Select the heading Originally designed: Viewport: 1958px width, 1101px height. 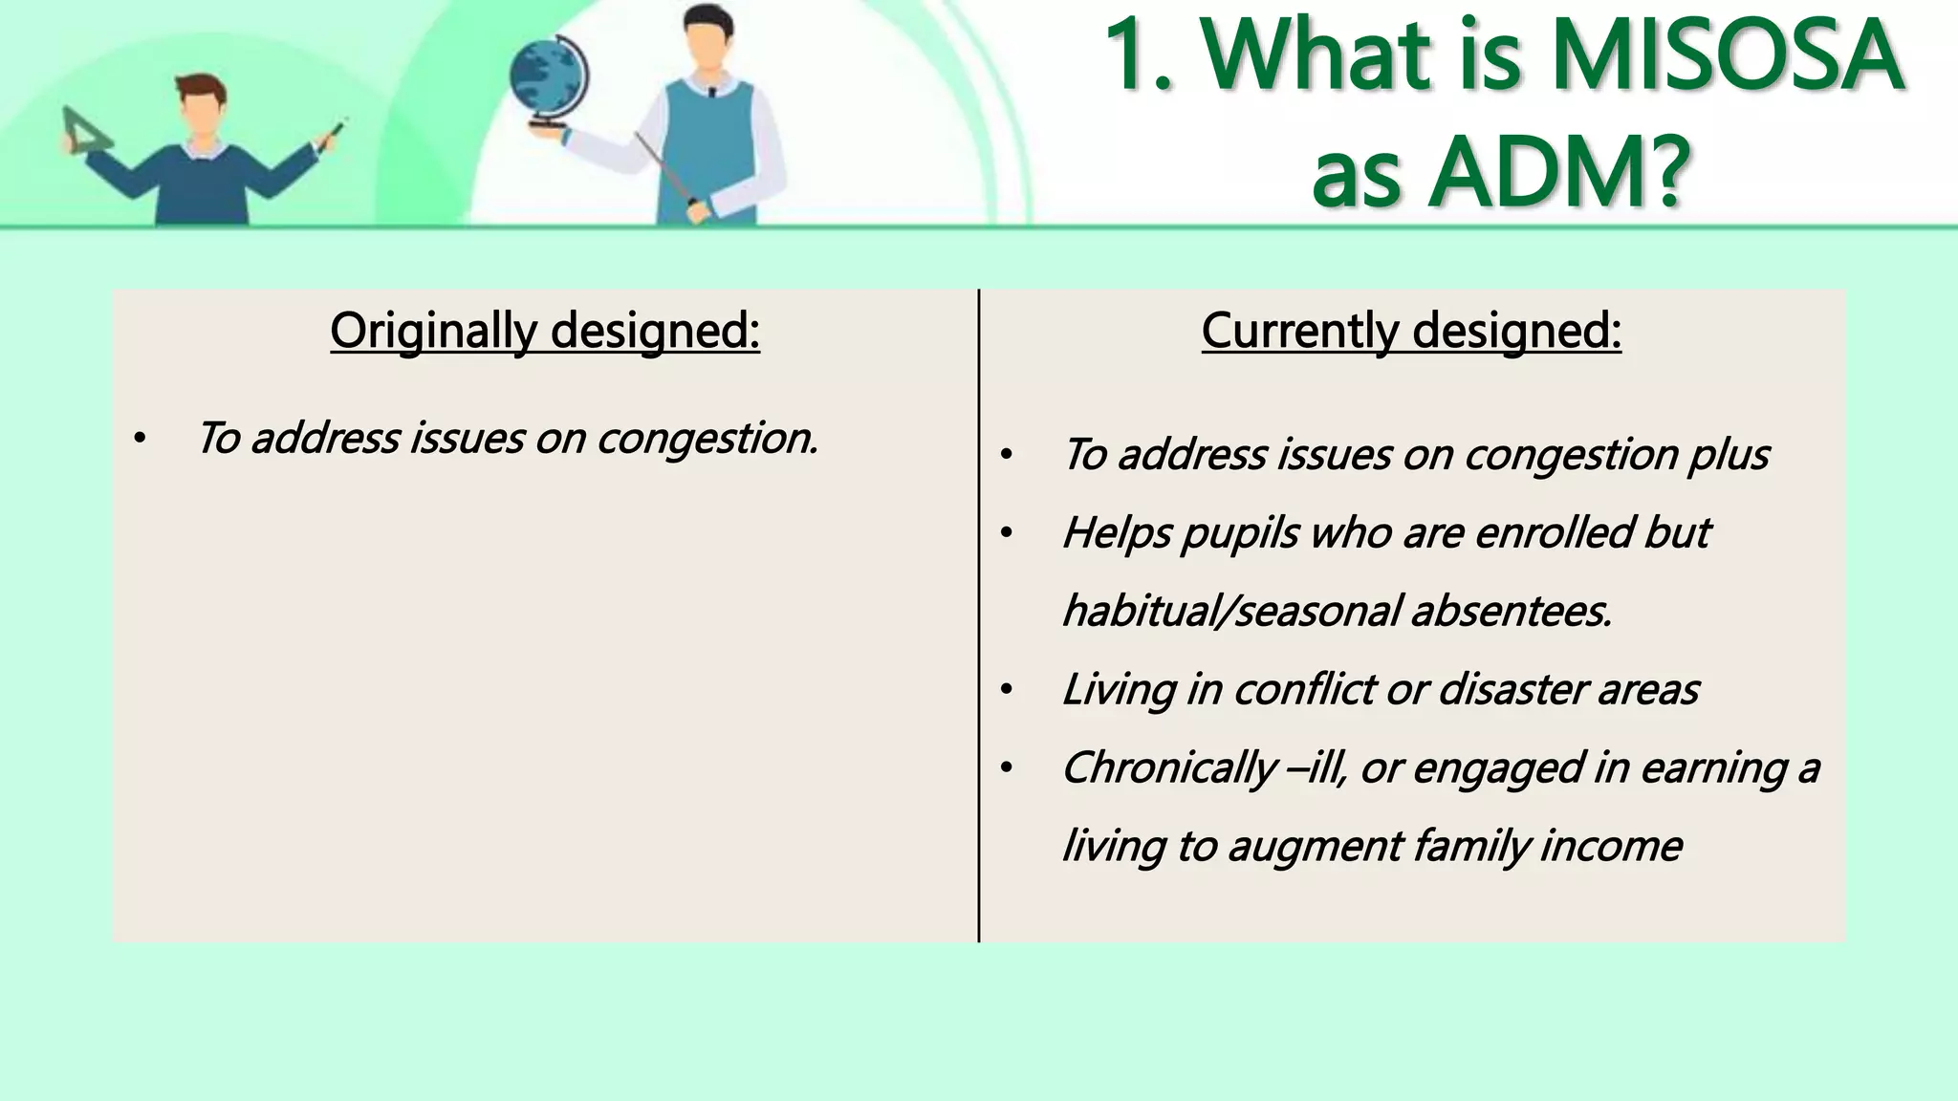[545, 331]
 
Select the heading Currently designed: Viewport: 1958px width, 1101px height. [1411, 331]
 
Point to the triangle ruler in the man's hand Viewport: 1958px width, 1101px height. [84, 132]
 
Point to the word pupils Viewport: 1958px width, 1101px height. [1240, 533]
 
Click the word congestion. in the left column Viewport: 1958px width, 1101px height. [707, 439]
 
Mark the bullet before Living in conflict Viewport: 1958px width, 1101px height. [1006, 690]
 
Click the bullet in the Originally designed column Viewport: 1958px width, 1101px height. [140, 440]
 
